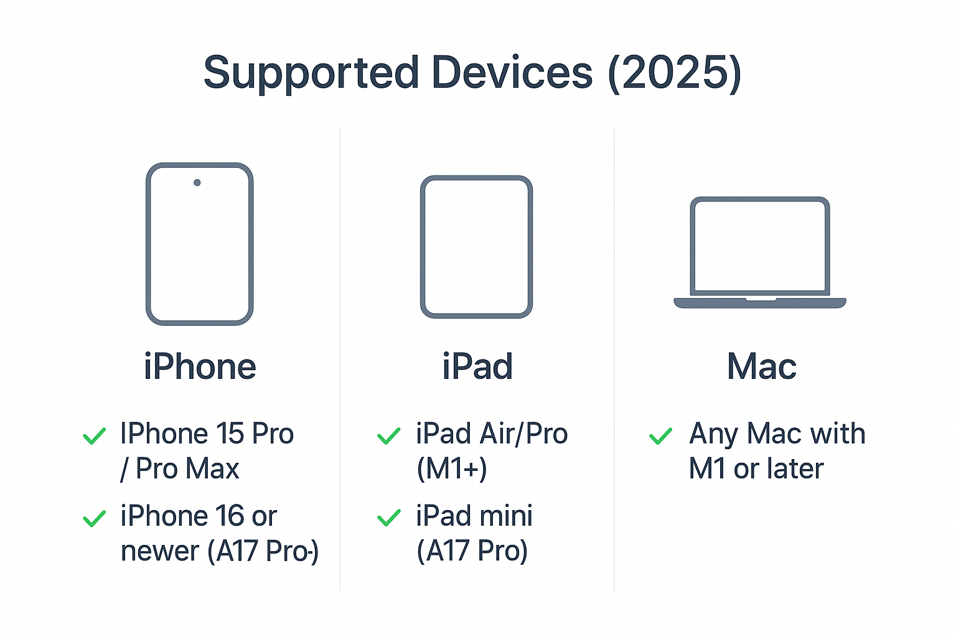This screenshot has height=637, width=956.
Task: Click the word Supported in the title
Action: click(x=311, y=73)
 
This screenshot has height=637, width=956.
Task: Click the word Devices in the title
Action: click(x=512, y=73)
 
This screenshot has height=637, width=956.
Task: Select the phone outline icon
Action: click(x=199, y=244)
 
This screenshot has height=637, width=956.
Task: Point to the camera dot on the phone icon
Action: click(x=197, y=183)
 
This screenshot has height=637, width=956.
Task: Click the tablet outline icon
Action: click(x=476, y=247)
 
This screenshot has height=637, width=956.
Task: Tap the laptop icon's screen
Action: click(x=760, y=245)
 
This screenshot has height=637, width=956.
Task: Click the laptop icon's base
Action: click(x=760, y=303)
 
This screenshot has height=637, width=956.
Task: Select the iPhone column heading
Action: click(x=200, y=366)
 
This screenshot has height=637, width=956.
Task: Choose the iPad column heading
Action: click(x=477, y=366)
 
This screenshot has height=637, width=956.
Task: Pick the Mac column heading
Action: click(x=761, y=366)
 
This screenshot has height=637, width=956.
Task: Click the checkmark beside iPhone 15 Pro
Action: click(x=95, y=436)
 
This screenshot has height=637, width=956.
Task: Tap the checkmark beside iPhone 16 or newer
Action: click(x=95, y=518)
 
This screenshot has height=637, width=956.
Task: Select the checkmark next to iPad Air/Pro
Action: click(x=389, y=436)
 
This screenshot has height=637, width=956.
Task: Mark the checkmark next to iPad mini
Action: click(x=389, y=518)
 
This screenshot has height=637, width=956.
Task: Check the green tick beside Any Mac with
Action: click(x=661, y=436)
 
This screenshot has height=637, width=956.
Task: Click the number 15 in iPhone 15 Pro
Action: click(x=230, y=434)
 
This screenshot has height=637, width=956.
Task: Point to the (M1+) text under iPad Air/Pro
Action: click(x=452, y=469)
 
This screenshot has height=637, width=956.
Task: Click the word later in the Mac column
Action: click(x=795, y=469)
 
